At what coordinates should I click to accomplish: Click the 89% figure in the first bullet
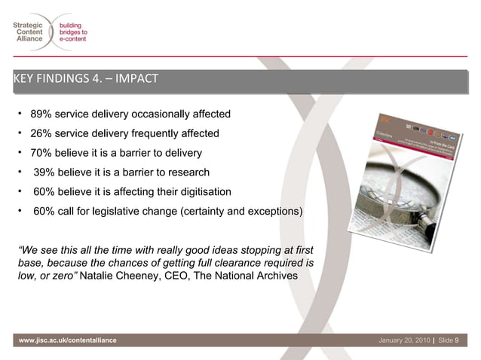click(41, 114)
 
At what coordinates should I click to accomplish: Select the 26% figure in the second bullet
click(41, 133)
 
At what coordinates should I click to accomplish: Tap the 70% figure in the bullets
click(41, 153)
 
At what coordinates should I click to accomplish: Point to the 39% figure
click(44, 172)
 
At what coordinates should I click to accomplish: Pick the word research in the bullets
click(186, 172)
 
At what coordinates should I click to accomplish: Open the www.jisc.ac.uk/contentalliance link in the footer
click(69, 341)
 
